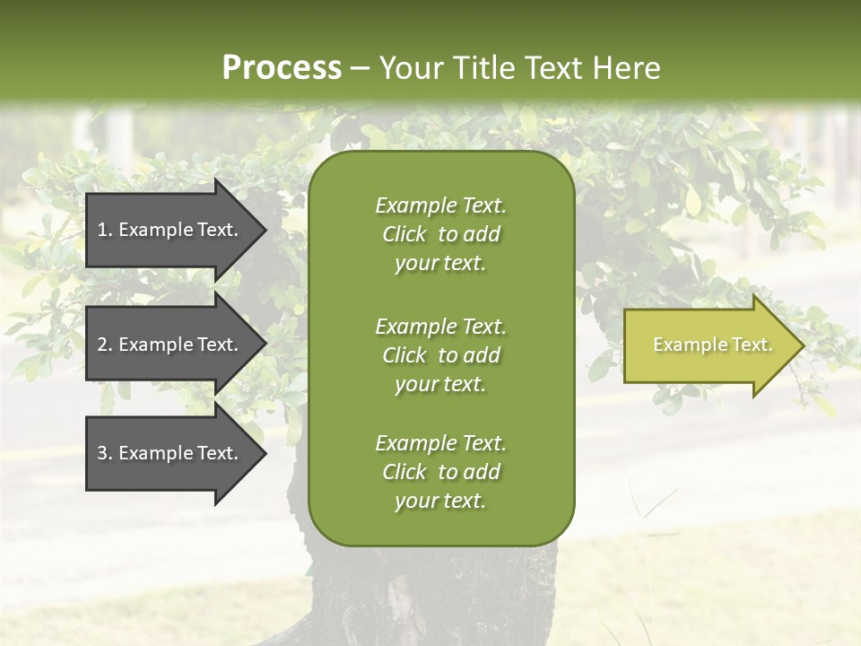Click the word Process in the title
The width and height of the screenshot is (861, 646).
click(282, 68)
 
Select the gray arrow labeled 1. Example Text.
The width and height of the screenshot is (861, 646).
click(170, 230)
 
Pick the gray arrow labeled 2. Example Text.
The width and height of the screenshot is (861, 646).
click(170, 345)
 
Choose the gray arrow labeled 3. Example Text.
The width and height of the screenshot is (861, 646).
click(170, 454)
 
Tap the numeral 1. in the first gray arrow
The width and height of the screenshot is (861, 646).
click(105, 230)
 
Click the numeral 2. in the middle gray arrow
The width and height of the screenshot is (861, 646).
click(105, 345)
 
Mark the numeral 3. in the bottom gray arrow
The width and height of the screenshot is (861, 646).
click(105, 454)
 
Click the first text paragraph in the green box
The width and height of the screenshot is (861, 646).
click(440, 234)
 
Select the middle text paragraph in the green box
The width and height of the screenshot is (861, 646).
click(440, 355)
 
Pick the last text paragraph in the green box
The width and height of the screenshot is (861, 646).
click(440, 472)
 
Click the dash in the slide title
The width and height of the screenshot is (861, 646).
click(361, 69)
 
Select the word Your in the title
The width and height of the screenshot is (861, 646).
click(409, 68)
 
